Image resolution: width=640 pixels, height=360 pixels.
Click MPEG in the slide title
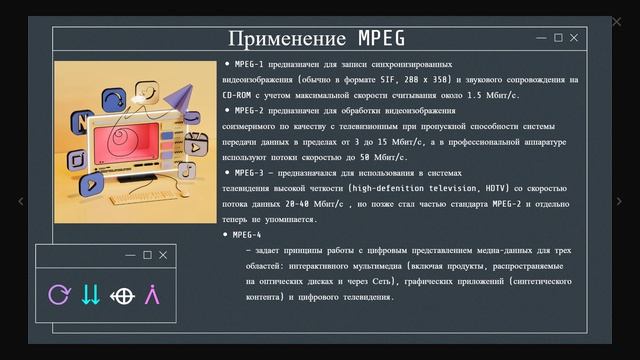point(381,39)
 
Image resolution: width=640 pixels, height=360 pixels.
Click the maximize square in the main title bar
point(557,38)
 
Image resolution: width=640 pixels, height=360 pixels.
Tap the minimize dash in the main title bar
point(541,38)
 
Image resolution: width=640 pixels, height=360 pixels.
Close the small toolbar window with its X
point(164,255)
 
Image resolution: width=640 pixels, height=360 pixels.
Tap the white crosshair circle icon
point(122,295)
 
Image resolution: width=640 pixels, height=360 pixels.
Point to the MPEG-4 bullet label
point(247,234)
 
